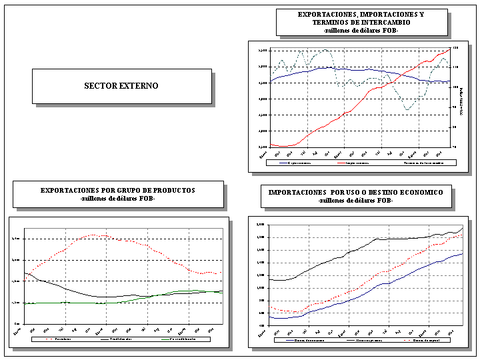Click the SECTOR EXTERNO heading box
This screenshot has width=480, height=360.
tap(121, 86)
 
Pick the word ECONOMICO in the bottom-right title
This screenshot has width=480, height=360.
tap(427, 193)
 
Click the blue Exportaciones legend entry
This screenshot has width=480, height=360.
tap(294, 162)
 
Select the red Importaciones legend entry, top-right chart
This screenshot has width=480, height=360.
tap(353, 162)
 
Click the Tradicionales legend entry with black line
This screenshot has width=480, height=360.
tap(117, 339)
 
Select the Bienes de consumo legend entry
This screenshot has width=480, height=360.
tap(307, 340)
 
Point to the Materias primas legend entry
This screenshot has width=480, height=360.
tap(365, 340)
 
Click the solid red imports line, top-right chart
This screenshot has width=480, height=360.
tap(360, 99)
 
